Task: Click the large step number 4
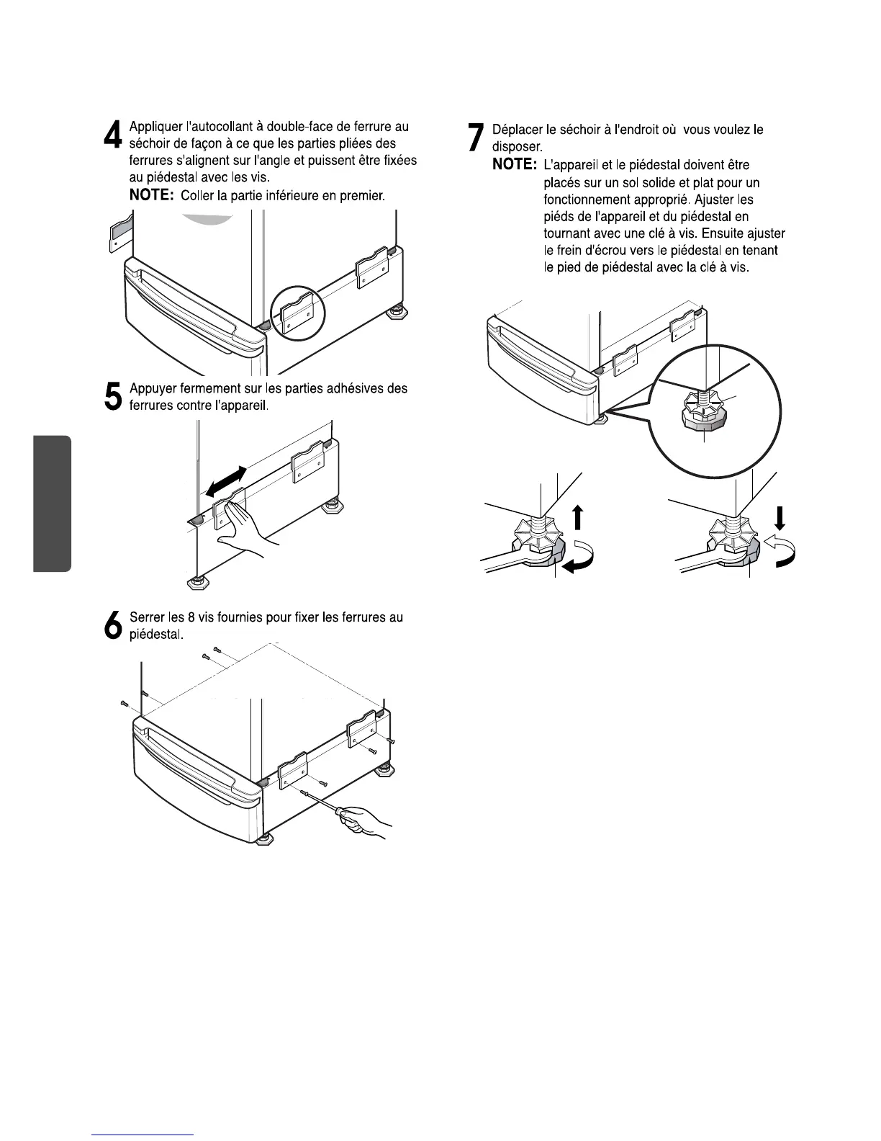click(113, 135)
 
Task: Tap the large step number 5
click(113, 396)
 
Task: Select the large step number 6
click(113, 625)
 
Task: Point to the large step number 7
click(475, 137)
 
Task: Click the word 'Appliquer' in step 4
click(155, 127)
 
